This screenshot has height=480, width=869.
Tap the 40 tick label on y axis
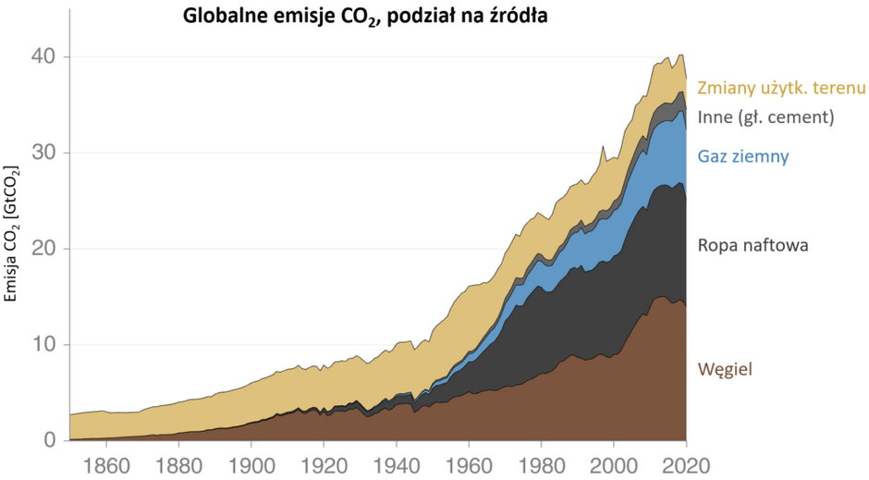45,57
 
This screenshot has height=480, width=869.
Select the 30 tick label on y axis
45,153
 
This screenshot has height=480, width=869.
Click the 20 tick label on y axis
45,249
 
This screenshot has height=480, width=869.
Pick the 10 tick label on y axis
45,345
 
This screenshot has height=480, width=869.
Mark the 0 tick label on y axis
52,440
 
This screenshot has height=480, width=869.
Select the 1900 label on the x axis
251,462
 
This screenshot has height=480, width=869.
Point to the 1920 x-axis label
324,462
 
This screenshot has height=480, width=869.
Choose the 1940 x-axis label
397,462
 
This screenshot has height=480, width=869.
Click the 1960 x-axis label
469,462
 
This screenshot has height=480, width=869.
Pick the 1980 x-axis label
541,462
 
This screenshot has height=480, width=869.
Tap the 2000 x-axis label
614,462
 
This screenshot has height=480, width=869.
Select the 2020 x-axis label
686,462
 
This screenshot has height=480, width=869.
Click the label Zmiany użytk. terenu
781,89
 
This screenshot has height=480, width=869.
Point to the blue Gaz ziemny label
743,156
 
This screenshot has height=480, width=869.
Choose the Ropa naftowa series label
753,245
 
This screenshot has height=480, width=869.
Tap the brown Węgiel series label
726,369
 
